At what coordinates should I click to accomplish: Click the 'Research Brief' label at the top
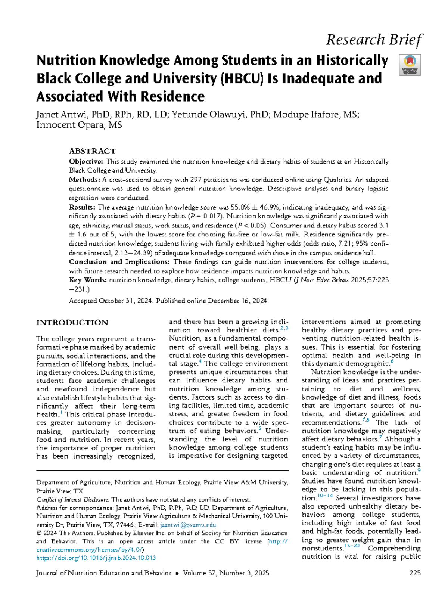pos(374,40)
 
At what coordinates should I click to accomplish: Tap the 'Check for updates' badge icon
pos(410,65)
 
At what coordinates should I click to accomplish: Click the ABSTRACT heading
pos(92,151)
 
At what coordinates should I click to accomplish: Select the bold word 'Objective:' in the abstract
pos(86,161)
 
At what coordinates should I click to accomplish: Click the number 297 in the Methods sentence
pos(196,180)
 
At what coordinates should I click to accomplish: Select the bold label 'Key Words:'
pos(88,280)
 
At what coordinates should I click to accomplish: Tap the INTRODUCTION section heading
pos(72,323)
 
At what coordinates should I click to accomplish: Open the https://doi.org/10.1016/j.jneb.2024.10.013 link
pos(96,558)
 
